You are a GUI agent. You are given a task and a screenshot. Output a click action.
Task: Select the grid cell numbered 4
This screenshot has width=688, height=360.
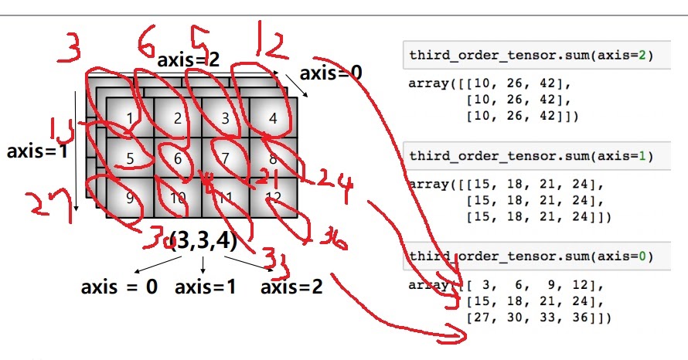click(273, 118)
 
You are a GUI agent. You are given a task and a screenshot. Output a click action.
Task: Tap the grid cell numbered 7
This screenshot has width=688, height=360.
click(225, 158)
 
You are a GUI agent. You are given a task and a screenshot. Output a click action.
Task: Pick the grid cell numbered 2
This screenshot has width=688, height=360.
click(178, 118)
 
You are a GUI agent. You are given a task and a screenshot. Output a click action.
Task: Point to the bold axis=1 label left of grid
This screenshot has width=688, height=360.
click(37, 151)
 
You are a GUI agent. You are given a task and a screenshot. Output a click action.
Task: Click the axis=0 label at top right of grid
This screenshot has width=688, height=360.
click(331, 73)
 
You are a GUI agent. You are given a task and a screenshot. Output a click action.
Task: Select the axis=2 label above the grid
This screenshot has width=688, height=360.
click(189, 59)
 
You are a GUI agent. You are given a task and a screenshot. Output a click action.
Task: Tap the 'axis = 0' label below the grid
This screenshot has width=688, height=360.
click(119, 287)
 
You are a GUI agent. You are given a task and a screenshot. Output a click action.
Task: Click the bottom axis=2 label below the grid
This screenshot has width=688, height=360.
click(291, 287)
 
